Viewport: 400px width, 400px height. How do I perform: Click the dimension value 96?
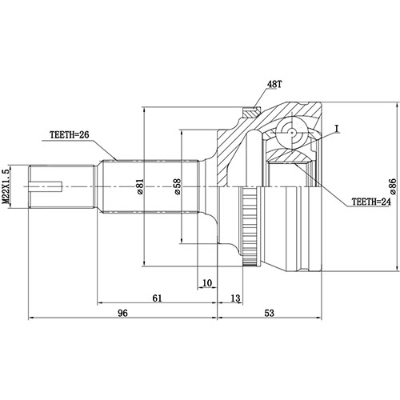point(122,313)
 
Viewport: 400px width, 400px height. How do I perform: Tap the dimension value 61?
point(157,298)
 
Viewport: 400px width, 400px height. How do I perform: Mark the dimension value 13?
point(234,298)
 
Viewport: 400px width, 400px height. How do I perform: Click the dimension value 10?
point(207,282)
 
